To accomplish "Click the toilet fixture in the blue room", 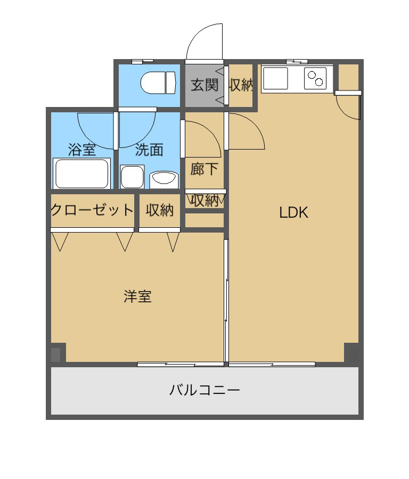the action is tap(158, 82).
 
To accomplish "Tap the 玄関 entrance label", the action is tap(204, 85).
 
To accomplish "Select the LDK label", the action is tap(294, 212).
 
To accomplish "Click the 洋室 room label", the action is tap(137, 296).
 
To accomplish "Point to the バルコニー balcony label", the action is tap(204, 390).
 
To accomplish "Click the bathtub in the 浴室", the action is tap(82, 173).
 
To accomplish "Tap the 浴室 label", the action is tap(82, 150).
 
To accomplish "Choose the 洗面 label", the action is tap(149, 150).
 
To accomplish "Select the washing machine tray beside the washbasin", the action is tap(133, 177).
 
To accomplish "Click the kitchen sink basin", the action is tap(275, 79).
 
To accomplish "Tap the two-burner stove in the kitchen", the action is tap(315, 79).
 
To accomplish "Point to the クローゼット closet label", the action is tap(92, 210).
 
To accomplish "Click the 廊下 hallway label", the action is tap(204, 169).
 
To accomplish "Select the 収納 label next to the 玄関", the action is tap(241, 85).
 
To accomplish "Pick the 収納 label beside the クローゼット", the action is tap(160, 210).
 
